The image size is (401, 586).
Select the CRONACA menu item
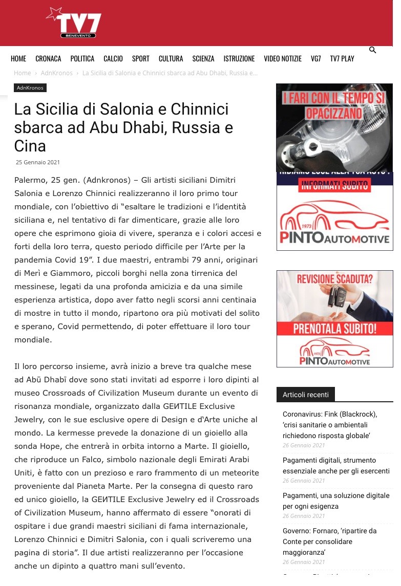(48, 59)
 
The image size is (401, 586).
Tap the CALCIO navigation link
(113, 59)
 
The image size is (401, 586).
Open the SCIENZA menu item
(203, 59)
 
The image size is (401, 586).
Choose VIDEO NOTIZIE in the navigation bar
(283, 59)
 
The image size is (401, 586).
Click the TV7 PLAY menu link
(342, 59)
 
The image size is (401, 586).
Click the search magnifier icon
(373, 50)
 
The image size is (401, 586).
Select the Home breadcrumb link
(23, 73)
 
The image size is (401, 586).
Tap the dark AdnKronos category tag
(30, 88)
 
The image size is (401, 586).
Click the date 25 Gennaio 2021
(38, 162)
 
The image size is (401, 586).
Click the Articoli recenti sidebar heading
(306, 395)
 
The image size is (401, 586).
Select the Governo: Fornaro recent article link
(329, 541)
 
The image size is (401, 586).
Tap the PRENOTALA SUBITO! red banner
(335, 328)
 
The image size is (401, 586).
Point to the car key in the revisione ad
(339, 296)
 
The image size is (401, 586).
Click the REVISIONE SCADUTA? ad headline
(335, 279)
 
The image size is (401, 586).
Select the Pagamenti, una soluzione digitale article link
(336, 501)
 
